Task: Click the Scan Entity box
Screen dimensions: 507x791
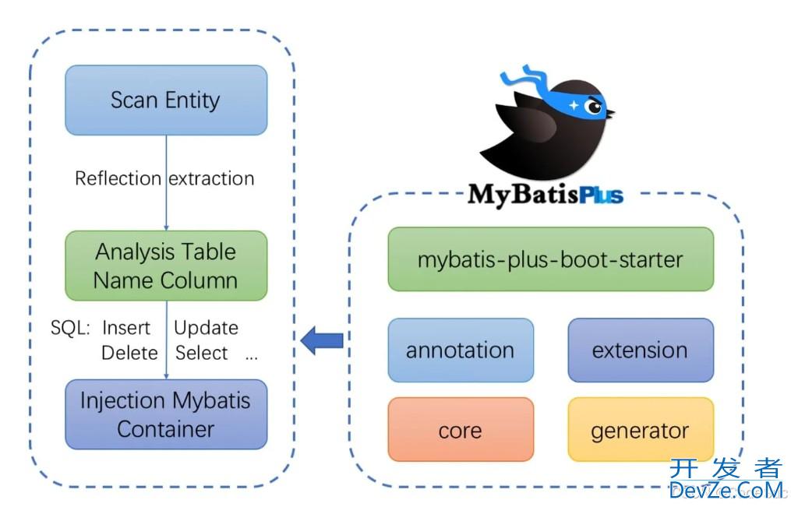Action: [x=166, y=100]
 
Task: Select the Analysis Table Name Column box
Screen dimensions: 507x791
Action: [x=166, y=266]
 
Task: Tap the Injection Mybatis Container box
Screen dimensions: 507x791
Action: [x=166, y=414]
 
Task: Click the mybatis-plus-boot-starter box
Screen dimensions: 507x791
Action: [x=550, y=259]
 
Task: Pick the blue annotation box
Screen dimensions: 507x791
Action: [x=461, y=350]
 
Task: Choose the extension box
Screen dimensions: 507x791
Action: [x=640, y=350]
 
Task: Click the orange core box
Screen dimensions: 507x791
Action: [x=461, y=430]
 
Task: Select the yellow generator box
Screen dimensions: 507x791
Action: [x=640, y=430]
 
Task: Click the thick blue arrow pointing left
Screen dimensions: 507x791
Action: [x=322, y=340]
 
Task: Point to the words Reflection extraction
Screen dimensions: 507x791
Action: [x=164, y=178]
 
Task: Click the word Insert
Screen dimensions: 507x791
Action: [x=126, y=328]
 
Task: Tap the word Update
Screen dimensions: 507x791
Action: [x=206, y=328]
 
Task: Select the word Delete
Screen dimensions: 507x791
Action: [x=129, y=353]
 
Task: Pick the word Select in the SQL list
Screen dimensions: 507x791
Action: [x=202, y=353]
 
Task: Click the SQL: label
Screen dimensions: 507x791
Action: [x=71, y=328]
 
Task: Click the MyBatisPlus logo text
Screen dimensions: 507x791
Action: [x=546, y=193]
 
